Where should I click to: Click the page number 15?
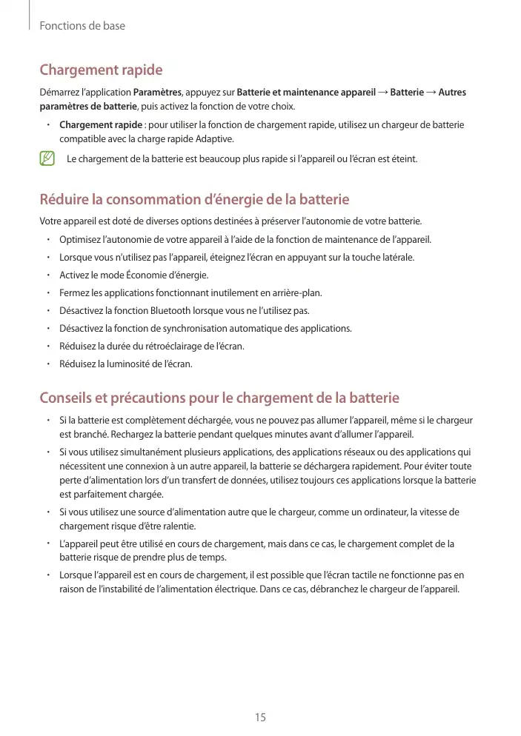coord(260,717)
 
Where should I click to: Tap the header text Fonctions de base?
coord(82,26)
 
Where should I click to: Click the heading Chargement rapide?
coord(101,70)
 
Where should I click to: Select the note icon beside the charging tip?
coord(48,158)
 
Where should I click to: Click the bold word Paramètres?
coord(157,93)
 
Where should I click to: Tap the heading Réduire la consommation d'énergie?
coord(194,200)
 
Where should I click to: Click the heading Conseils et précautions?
coord(219,398)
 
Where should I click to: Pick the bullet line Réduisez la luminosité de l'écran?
coord(126,364)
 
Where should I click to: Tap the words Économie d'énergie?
coord(170,275)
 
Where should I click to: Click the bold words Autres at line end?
coord(452,93)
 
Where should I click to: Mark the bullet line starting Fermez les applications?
coord(190,292)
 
